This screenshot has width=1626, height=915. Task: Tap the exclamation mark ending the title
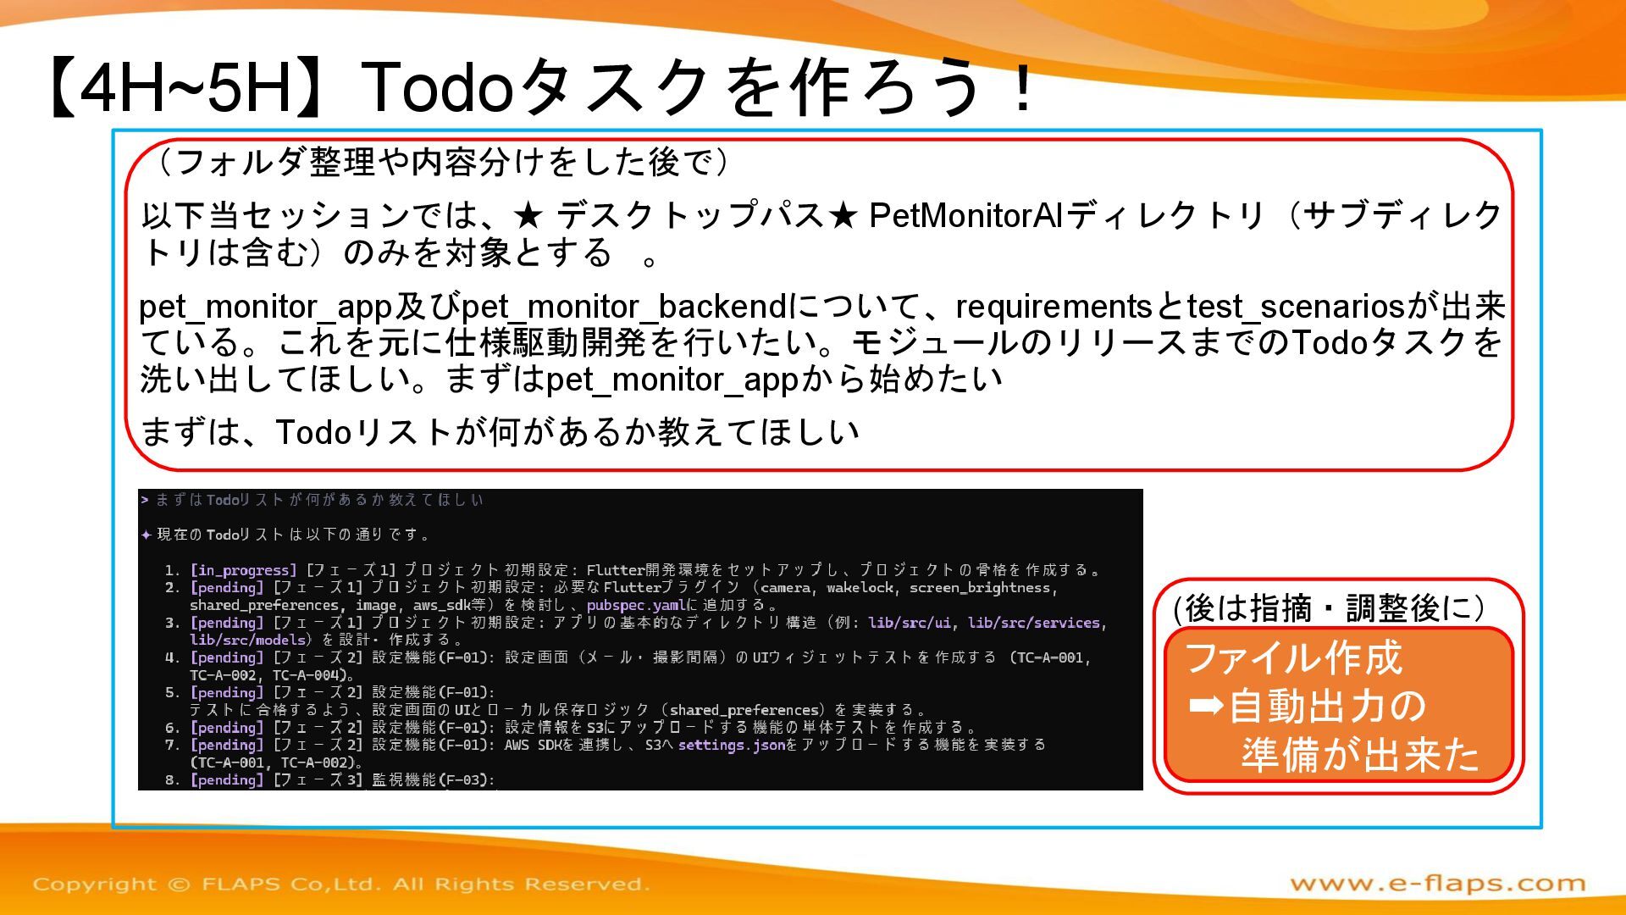pos(1023,88)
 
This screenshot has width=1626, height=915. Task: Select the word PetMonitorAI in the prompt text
pos(966,215)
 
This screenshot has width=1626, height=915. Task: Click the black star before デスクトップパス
pos(528,216)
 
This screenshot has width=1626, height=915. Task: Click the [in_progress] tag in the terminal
pos(243,570)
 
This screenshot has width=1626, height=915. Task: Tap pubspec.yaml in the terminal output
pos(636,605)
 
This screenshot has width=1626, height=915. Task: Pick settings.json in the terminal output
pos(732,745)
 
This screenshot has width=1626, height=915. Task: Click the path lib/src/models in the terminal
pos(247,640)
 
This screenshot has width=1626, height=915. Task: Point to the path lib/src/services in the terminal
pos(1033,623)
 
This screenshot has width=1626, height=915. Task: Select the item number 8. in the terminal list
pos(173,779)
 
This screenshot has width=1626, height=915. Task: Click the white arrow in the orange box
pos(1206,705)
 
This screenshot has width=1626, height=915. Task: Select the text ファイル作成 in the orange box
pos(1293,658)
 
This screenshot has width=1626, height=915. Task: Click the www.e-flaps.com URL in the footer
pos(1437,884)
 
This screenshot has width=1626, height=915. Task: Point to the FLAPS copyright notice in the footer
pos(341,884)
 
